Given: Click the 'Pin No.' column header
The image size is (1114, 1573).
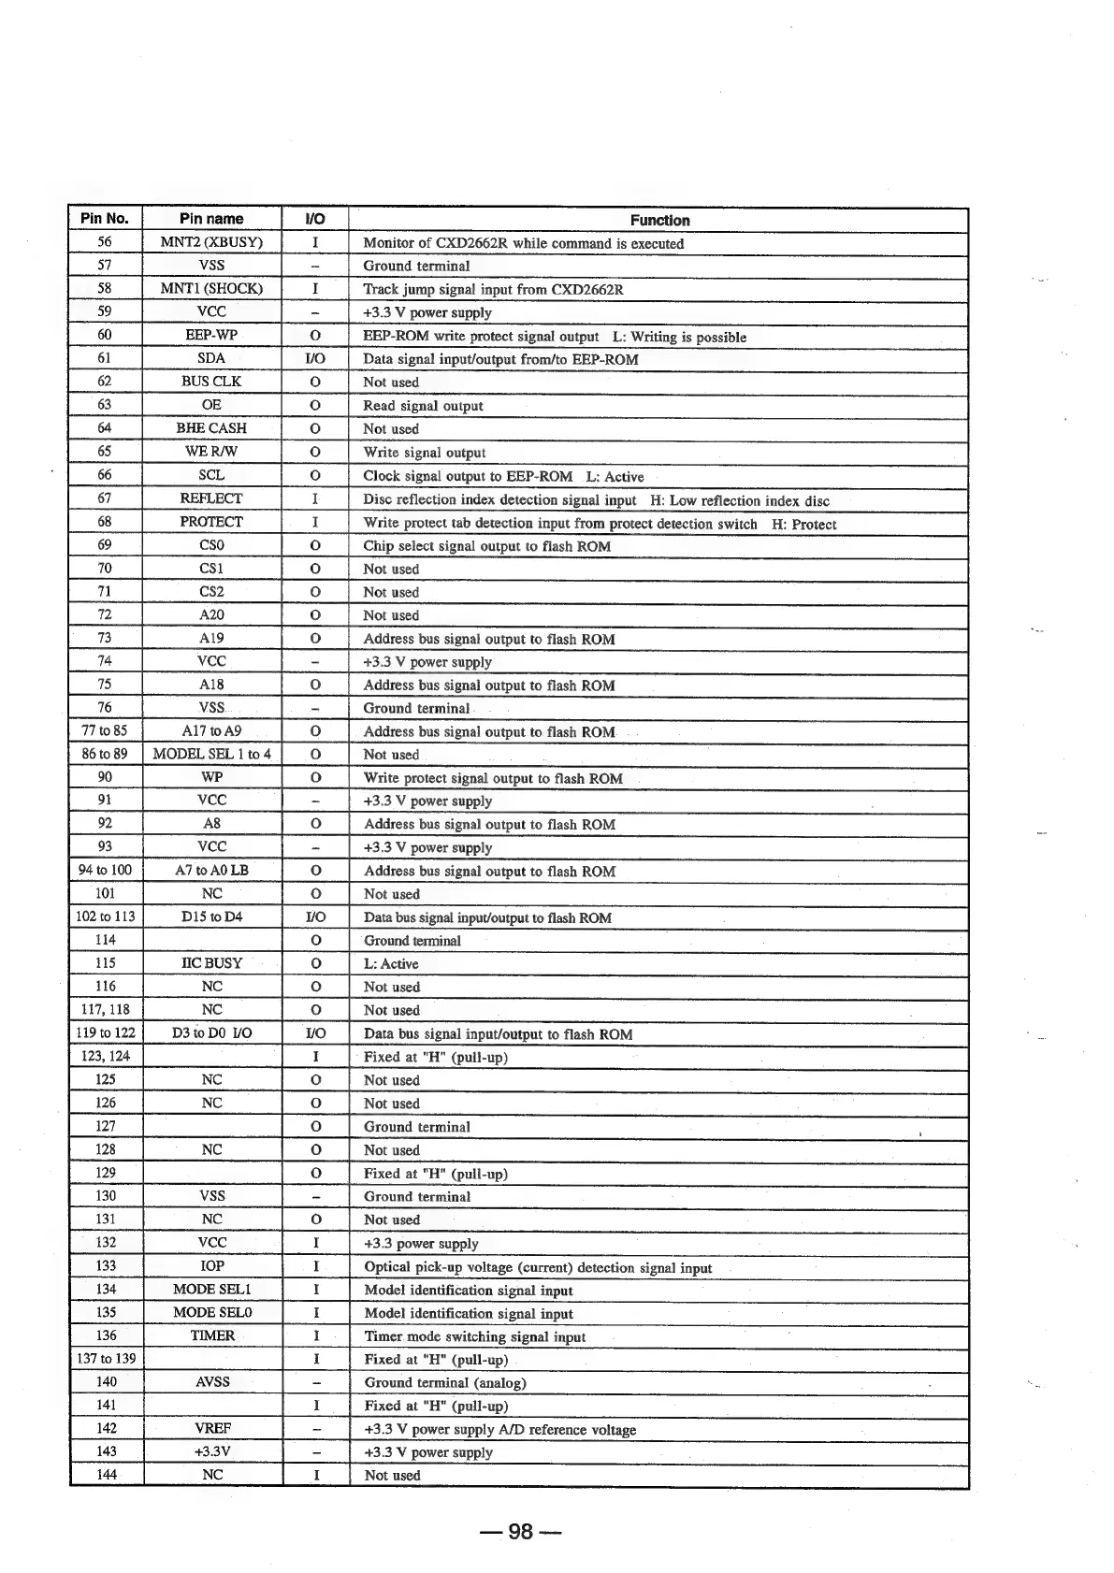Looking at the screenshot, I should [x=105, y=219].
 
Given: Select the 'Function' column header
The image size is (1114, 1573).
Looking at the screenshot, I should [x=659, y=221].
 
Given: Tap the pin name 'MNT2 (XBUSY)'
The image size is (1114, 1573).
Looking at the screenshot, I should [x=211, y=242].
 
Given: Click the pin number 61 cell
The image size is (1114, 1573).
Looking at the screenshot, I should [x=105, y=358].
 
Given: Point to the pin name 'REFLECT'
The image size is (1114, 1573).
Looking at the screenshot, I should [x=211, y=498].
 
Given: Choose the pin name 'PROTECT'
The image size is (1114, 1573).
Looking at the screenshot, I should [x=211, y=522].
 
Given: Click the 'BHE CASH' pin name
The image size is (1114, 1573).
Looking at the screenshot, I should [x=211, y=428].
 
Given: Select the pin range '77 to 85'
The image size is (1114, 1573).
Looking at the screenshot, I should [x=105, y=731].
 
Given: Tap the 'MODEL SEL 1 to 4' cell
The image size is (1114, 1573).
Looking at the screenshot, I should [x=211, y=754].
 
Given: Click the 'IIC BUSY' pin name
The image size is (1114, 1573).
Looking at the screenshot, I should [x=211, y=963].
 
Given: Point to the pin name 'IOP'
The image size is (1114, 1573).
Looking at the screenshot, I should [x=212, y=1266].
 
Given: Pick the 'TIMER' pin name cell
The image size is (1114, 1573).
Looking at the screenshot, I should [x=212, y=1335].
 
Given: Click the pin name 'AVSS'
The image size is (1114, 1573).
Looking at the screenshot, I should [x=212, y=1382].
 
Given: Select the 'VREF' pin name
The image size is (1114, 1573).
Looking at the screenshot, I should [x=212, y=1429].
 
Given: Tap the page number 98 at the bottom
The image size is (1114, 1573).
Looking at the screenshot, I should [x=520, y=1532].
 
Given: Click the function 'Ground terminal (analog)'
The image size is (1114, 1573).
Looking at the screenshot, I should [x=445, y=1383].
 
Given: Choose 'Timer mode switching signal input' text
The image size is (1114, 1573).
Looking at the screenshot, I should [x=475, y=1337].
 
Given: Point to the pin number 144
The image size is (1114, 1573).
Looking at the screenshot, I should [x=106, y=1475].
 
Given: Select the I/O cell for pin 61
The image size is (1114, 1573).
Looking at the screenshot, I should [x=315, y=358].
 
